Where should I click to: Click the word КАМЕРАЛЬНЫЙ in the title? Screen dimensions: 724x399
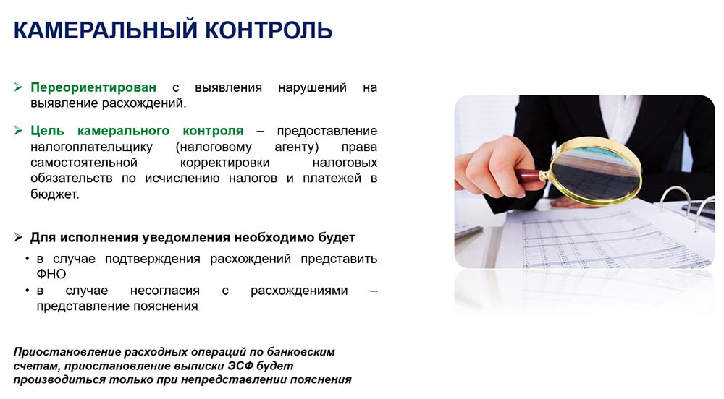(x=105, y=30)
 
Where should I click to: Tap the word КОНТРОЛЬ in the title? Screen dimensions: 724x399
(x=269, y=30)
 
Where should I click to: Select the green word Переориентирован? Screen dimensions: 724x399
(x=93, y=87)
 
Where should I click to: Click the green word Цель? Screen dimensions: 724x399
(x=47, y=131)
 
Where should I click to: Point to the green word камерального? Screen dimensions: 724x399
(x=123, y=132)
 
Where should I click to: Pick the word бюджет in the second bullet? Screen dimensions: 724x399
(x=55, y=194)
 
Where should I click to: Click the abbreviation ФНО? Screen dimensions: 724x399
(x=51, y=274)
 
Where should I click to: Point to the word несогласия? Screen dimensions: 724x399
(x=165, y=291)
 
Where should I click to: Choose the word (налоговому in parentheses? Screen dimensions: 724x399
(x=214, y=147)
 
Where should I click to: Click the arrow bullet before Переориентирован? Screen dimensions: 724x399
(x=19, y=87)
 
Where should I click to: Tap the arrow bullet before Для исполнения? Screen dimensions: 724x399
(x=19, y=238)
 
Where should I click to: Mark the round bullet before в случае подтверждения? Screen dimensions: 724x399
(x=28, y=259)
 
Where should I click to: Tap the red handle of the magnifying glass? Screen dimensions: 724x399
(x=529, y=176)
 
